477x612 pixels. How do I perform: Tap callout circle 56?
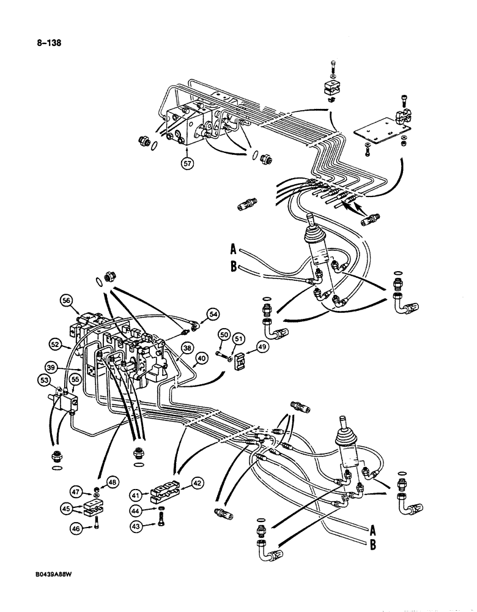click(66, 300)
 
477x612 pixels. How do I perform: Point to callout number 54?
click(213, 314)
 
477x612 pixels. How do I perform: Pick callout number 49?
click(262, 348)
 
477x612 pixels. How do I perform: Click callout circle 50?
click(223, 335)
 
